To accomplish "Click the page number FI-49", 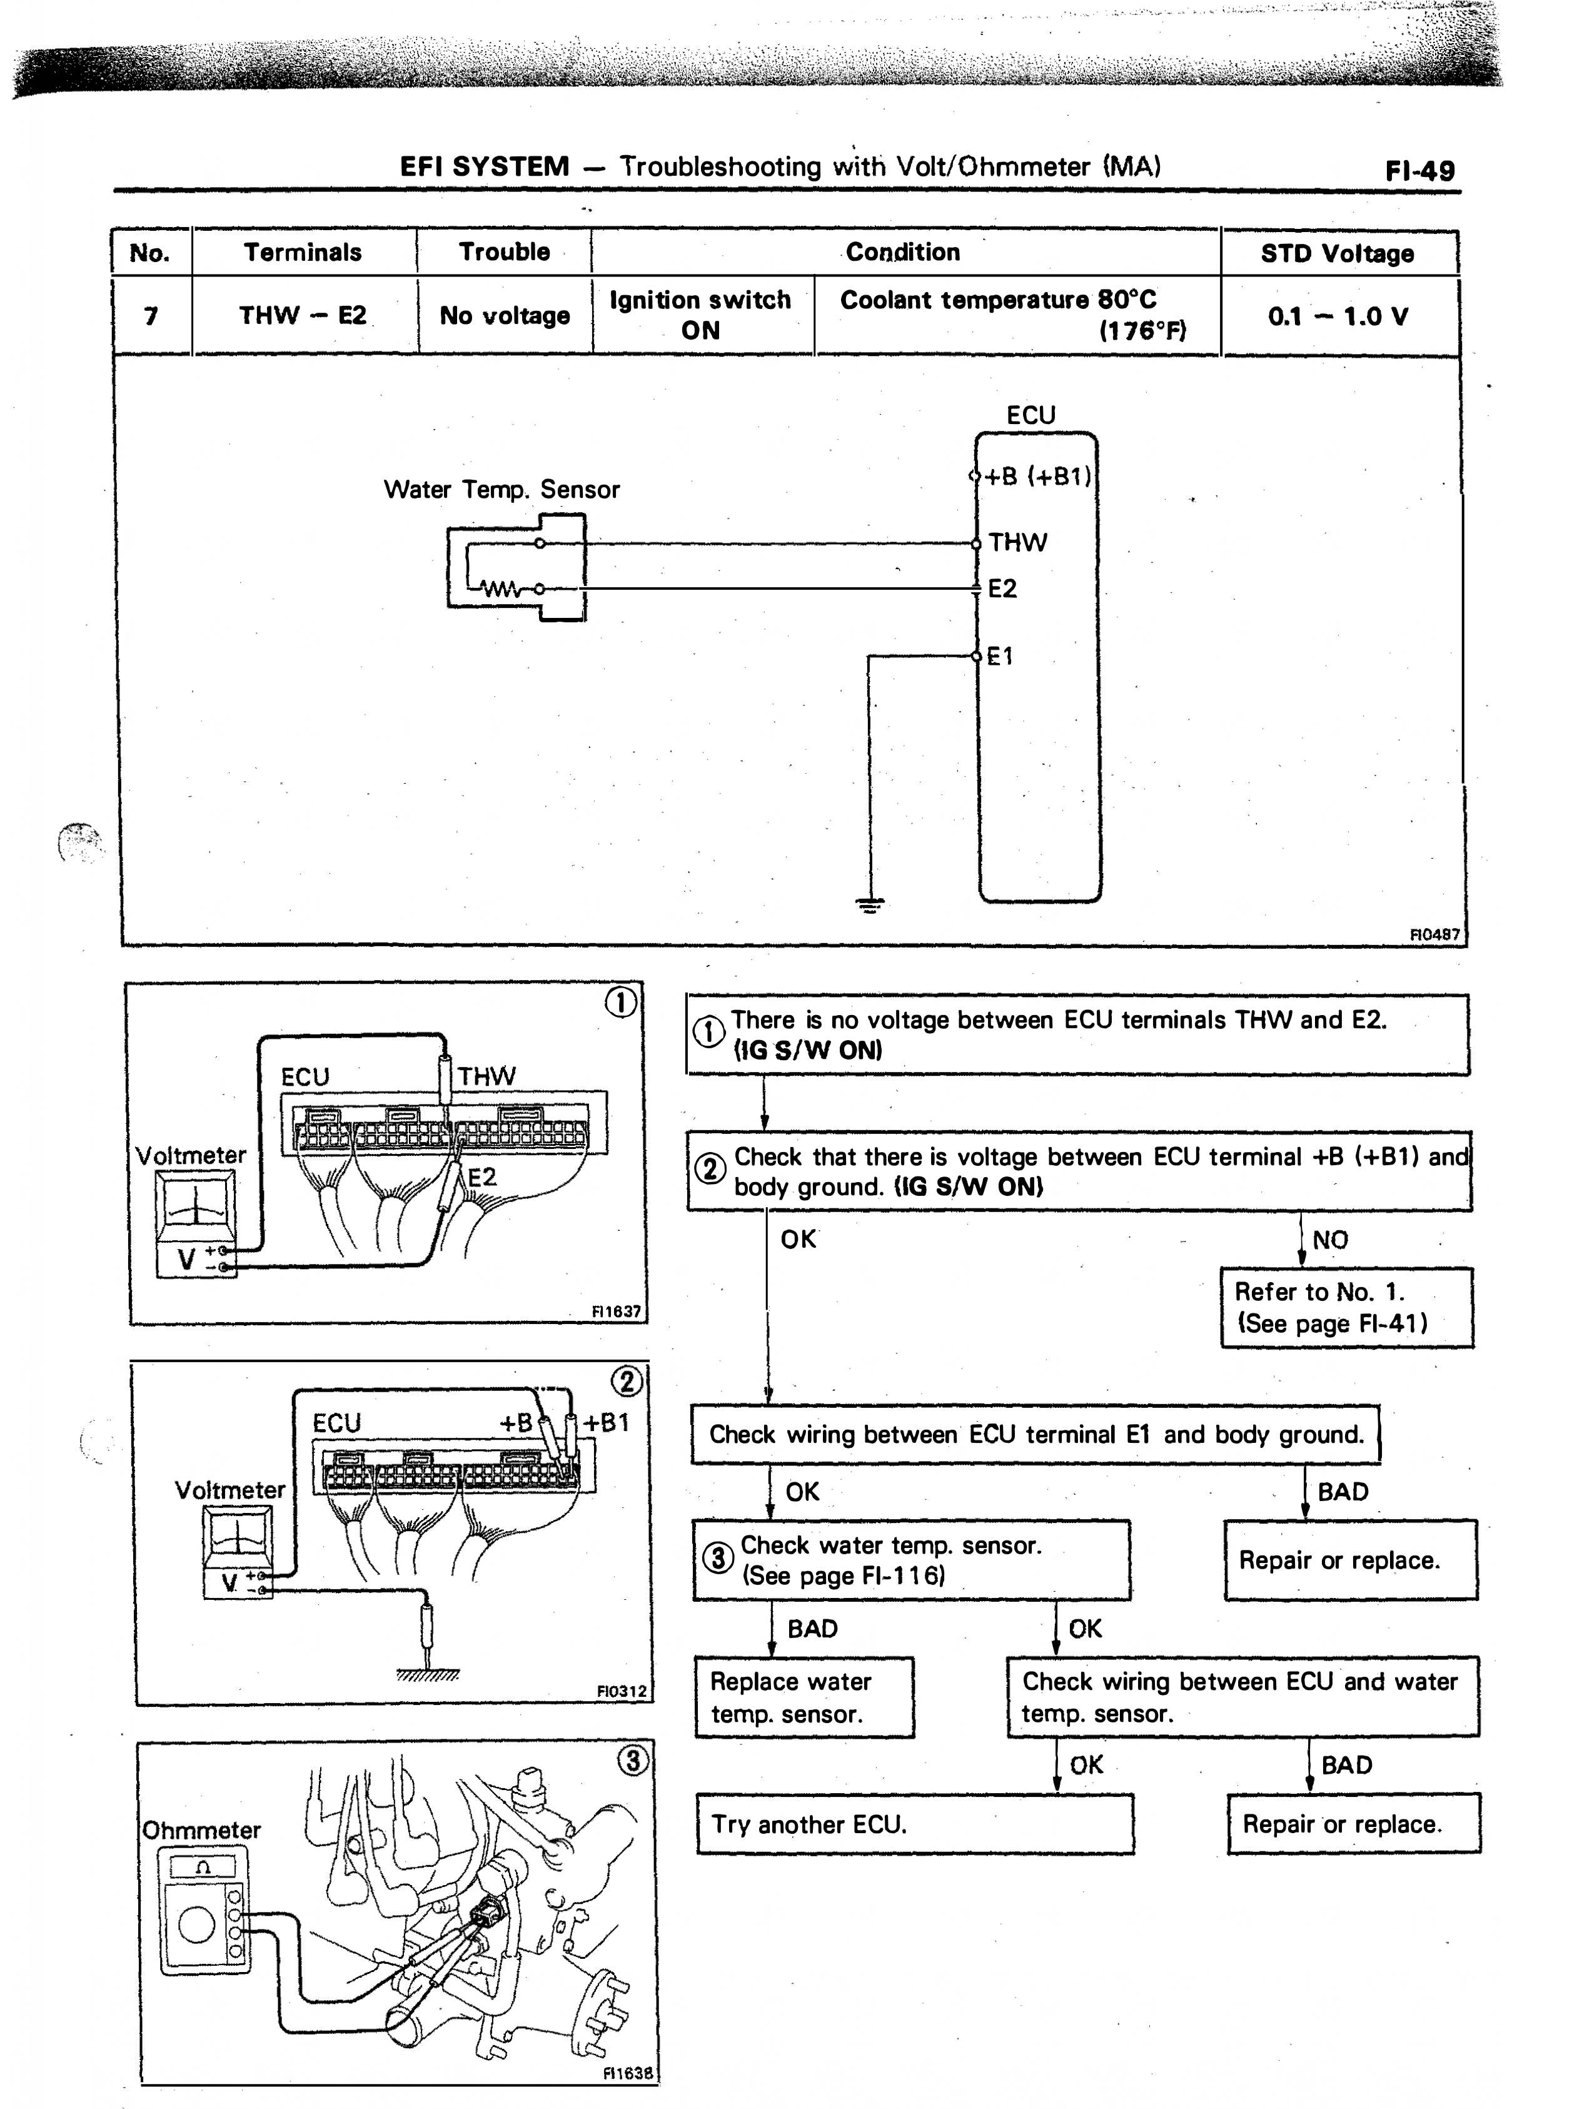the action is (1419, 171).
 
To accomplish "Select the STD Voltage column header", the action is (1338, 253).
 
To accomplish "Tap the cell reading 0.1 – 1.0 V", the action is (1338, 316).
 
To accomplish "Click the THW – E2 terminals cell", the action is (303, 316).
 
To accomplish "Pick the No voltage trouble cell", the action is (505, 316).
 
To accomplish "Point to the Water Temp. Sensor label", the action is (501, 490).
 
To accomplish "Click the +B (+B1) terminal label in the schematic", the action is (1038, 476).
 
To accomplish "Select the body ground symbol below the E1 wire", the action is (869, 905).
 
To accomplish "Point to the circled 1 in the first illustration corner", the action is (621, 1002).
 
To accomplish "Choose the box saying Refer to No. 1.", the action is (1346, 1307).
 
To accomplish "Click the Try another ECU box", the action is (915, 1824).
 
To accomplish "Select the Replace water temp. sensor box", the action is (804, 1697).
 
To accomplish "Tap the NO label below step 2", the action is (1330, 1240).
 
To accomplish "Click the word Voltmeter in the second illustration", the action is (229, 1490).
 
